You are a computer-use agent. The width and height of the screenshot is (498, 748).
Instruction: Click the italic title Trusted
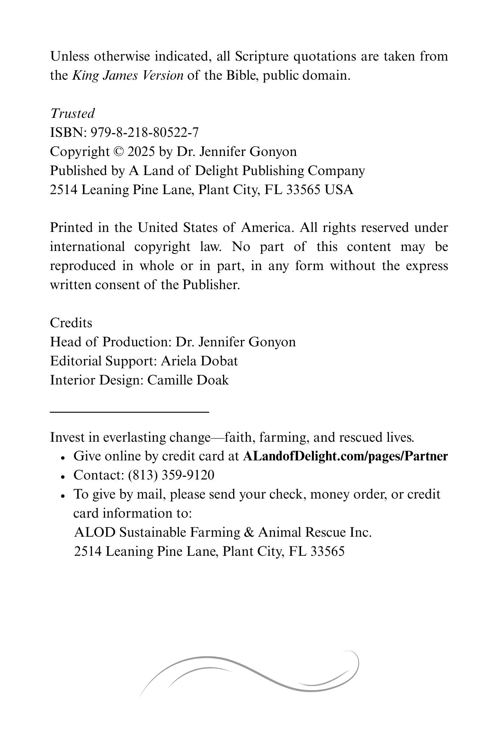72,113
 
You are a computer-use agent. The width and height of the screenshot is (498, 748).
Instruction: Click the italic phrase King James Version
127,76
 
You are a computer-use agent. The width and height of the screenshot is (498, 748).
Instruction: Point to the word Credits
71,323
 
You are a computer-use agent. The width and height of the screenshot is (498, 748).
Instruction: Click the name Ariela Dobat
199,361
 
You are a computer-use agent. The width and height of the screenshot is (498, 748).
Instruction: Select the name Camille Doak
188,380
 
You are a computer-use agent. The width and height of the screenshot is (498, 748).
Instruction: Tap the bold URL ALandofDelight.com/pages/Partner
345,456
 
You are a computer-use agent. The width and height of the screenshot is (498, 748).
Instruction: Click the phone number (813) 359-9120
171,475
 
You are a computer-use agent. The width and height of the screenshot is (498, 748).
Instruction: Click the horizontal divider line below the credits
129,412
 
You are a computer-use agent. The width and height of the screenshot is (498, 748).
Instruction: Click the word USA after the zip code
338,190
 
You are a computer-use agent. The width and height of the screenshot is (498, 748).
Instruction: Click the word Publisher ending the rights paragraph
210,285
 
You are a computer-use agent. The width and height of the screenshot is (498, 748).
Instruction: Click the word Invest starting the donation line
67,437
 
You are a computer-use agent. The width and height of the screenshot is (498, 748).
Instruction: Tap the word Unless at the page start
69,56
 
